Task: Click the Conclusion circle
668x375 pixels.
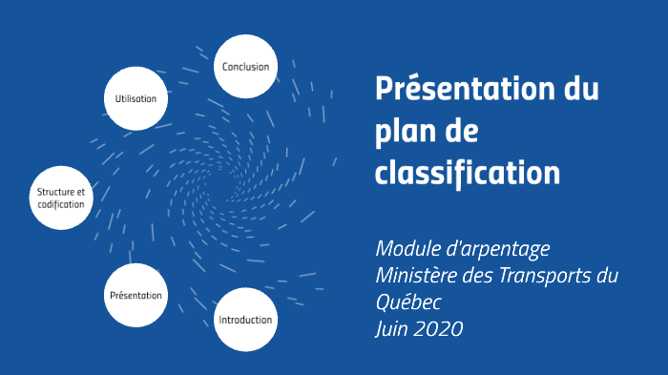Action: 245,67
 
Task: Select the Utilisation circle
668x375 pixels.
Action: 136,97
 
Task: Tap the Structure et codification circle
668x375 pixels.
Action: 62,198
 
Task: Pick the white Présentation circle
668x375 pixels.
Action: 136,296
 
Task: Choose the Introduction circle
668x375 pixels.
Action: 245,320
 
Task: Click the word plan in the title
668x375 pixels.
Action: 404,133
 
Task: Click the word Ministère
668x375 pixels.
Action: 417,276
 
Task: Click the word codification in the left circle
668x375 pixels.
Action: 62,205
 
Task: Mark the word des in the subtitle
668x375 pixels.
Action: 480,276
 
